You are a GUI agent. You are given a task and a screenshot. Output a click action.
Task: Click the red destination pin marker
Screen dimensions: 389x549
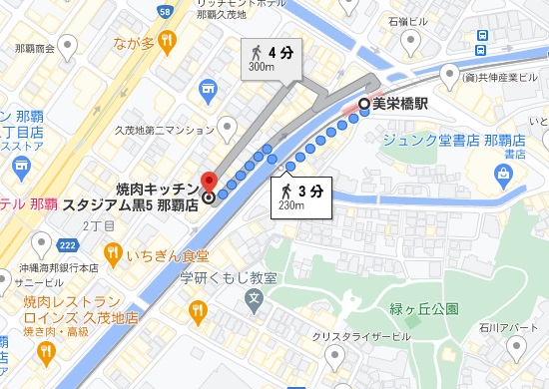click(x=208, y=182)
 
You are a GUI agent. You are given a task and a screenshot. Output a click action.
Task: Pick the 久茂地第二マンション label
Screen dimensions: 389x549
click(x=164, y=129)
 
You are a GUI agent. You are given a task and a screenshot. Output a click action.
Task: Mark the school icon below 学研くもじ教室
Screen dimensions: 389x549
click(x=254, y=297)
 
